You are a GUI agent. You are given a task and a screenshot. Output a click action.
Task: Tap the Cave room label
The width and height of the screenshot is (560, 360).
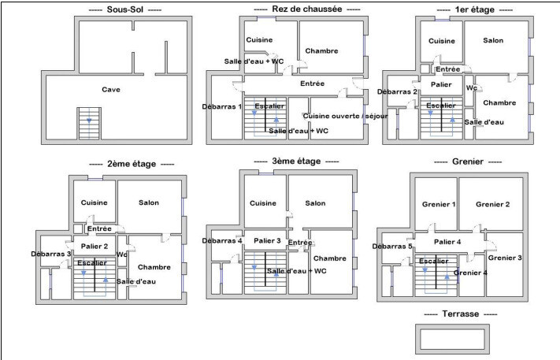coord(111,90)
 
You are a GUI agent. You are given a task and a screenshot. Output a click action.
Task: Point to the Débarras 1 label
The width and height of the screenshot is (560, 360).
coord(221,106)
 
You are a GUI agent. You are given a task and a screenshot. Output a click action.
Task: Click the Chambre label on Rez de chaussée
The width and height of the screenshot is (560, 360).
coord(321,50)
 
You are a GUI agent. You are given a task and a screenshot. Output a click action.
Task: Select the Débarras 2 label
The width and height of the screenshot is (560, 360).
coord(397,92)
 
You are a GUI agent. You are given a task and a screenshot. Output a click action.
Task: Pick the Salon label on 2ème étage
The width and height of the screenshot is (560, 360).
coord(148,203)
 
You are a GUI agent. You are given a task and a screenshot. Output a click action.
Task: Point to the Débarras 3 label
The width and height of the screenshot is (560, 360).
coord(51,254)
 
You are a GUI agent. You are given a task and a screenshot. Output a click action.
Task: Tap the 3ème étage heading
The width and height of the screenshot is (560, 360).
coord(295,161)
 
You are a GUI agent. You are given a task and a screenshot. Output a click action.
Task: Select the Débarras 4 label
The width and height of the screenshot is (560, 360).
coord(222,240)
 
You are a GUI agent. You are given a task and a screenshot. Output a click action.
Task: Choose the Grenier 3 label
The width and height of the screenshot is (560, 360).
coord(505,258)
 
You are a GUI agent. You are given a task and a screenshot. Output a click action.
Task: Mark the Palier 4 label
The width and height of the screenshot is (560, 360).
coord(447,242)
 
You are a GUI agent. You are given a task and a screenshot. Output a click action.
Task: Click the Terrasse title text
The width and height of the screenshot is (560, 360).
coord(461,314)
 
